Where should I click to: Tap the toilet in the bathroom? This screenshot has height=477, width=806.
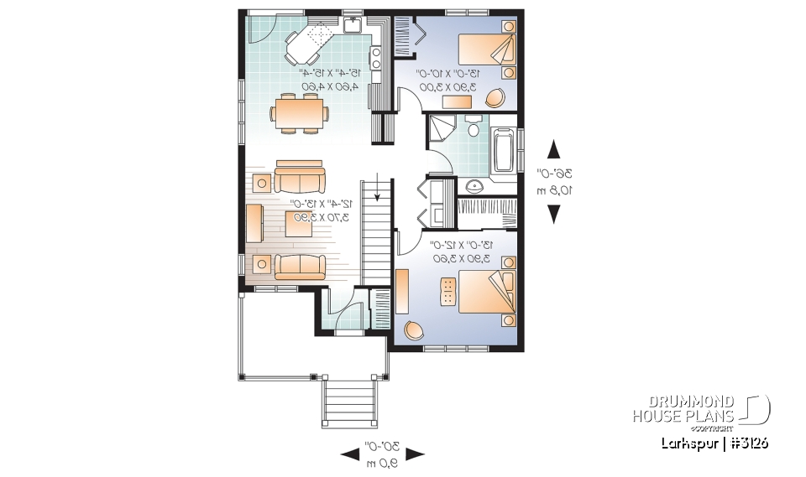tap(473, 127)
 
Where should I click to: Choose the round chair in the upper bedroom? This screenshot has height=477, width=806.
tap(495, 99)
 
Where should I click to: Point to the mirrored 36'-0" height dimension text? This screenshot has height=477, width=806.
tap(555, 182)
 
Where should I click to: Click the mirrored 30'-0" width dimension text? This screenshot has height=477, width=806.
tap(380, 453)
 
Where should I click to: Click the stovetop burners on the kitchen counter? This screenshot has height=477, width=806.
tap(376, 58)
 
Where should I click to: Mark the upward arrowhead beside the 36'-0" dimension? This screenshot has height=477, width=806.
tap(554, 151)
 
